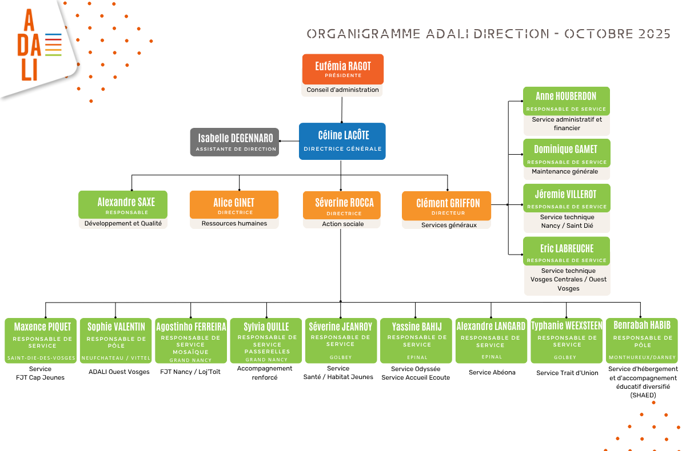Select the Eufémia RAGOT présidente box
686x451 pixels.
pos(343,69)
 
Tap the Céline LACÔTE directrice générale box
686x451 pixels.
pos(342,141)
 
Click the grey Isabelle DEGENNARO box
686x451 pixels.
pos(235,142)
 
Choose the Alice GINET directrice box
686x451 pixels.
pos(234,205)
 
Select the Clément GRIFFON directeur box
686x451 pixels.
pos(446,206)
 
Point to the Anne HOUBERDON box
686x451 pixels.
pos(567,101)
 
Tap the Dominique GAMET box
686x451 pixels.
pos(567,153)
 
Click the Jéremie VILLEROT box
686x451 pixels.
pos(567,198)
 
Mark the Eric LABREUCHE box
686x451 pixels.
pos(567,251)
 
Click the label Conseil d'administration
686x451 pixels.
pos(342,90)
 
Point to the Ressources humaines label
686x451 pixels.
pos(234,223)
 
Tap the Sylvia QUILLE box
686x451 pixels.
pos(266,341)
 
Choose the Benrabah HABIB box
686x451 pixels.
pos(641,341)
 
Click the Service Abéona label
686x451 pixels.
pos(492,373)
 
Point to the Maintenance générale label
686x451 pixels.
pos(565,171)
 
